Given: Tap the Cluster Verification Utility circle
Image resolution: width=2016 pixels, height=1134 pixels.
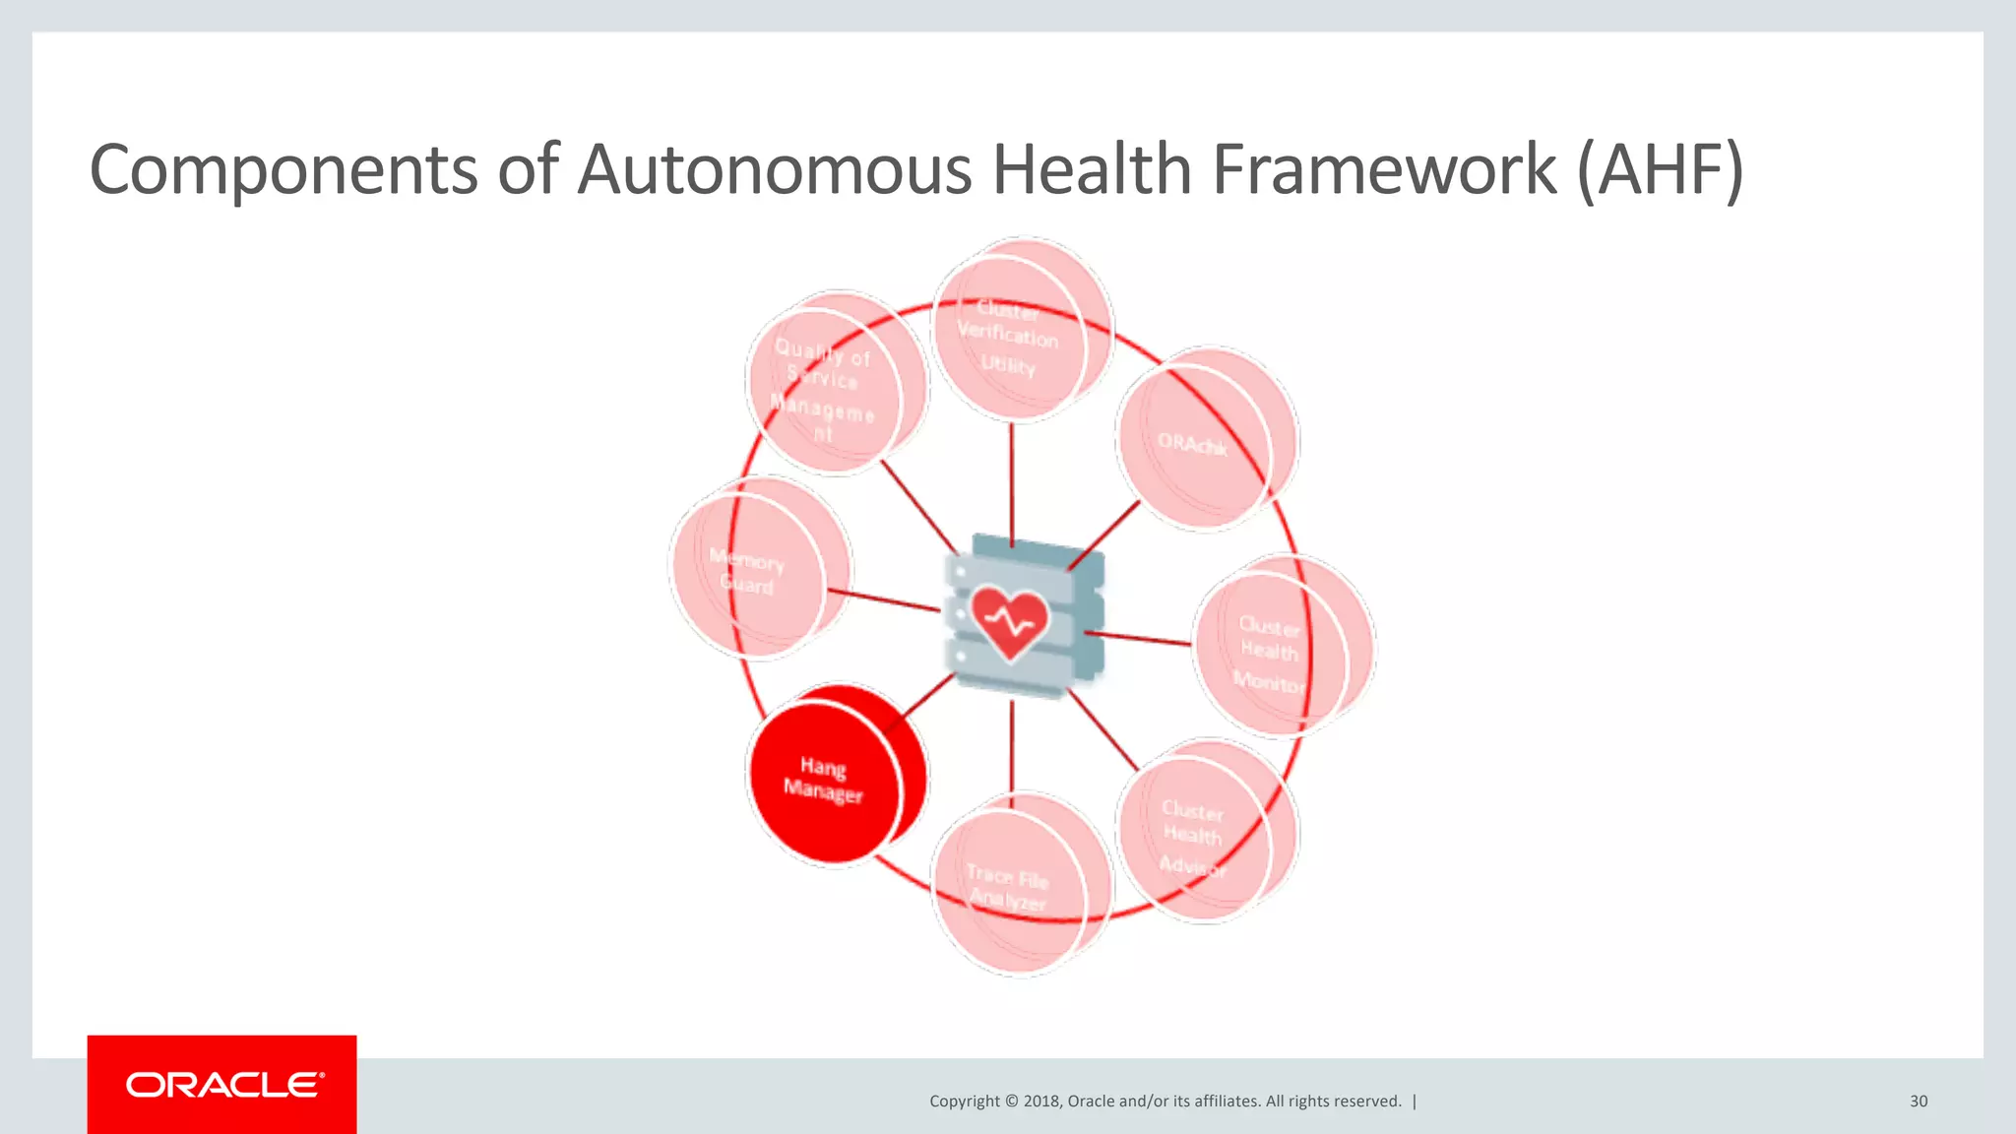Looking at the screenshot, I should click(x=1014, y=335).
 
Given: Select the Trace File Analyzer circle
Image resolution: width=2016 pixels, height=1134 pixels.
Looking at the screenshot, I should click(x=1014, y=886).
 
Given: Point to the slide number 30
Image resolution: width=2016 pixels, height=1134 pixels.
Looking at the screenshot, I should click(x=1919, y=1101).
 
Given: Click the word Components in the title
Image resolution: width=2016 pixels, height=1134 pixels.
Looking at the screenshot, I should click(x=283, y=170).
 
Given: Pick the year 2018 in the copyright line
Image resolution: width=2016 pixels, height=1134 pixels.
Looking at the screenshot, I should click(x=1041, y=1101).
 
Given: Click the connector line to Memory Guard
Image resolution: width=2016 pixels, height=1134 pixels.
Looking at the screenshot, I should click(x=883, y=599).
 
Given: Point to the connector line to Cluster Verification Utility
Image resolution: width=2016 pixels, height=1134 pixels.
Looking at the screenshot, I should click(x=1012, y=482).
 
